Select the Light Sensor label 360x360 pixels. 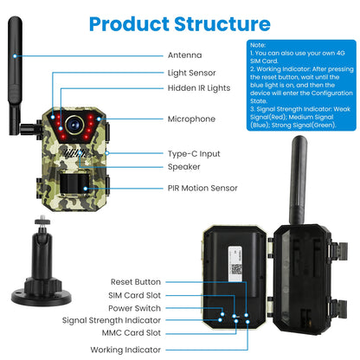point(192,74)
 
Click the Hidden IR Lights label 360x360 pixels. point(198,88)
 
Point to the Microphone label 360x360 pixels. point(190,119)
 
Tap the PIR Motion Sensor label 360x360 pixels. point(202,188)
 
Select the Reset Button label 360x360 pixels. point(136,281)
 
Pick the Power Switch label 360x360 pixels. point(137,307)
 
